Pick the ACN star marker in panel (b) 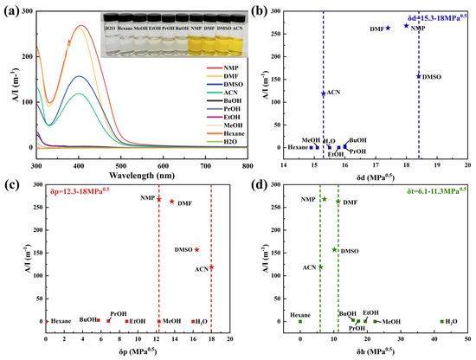pos(324,93)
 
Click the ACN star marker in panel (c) pos(211,267)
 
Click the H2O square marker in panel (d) pos(441,321)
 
